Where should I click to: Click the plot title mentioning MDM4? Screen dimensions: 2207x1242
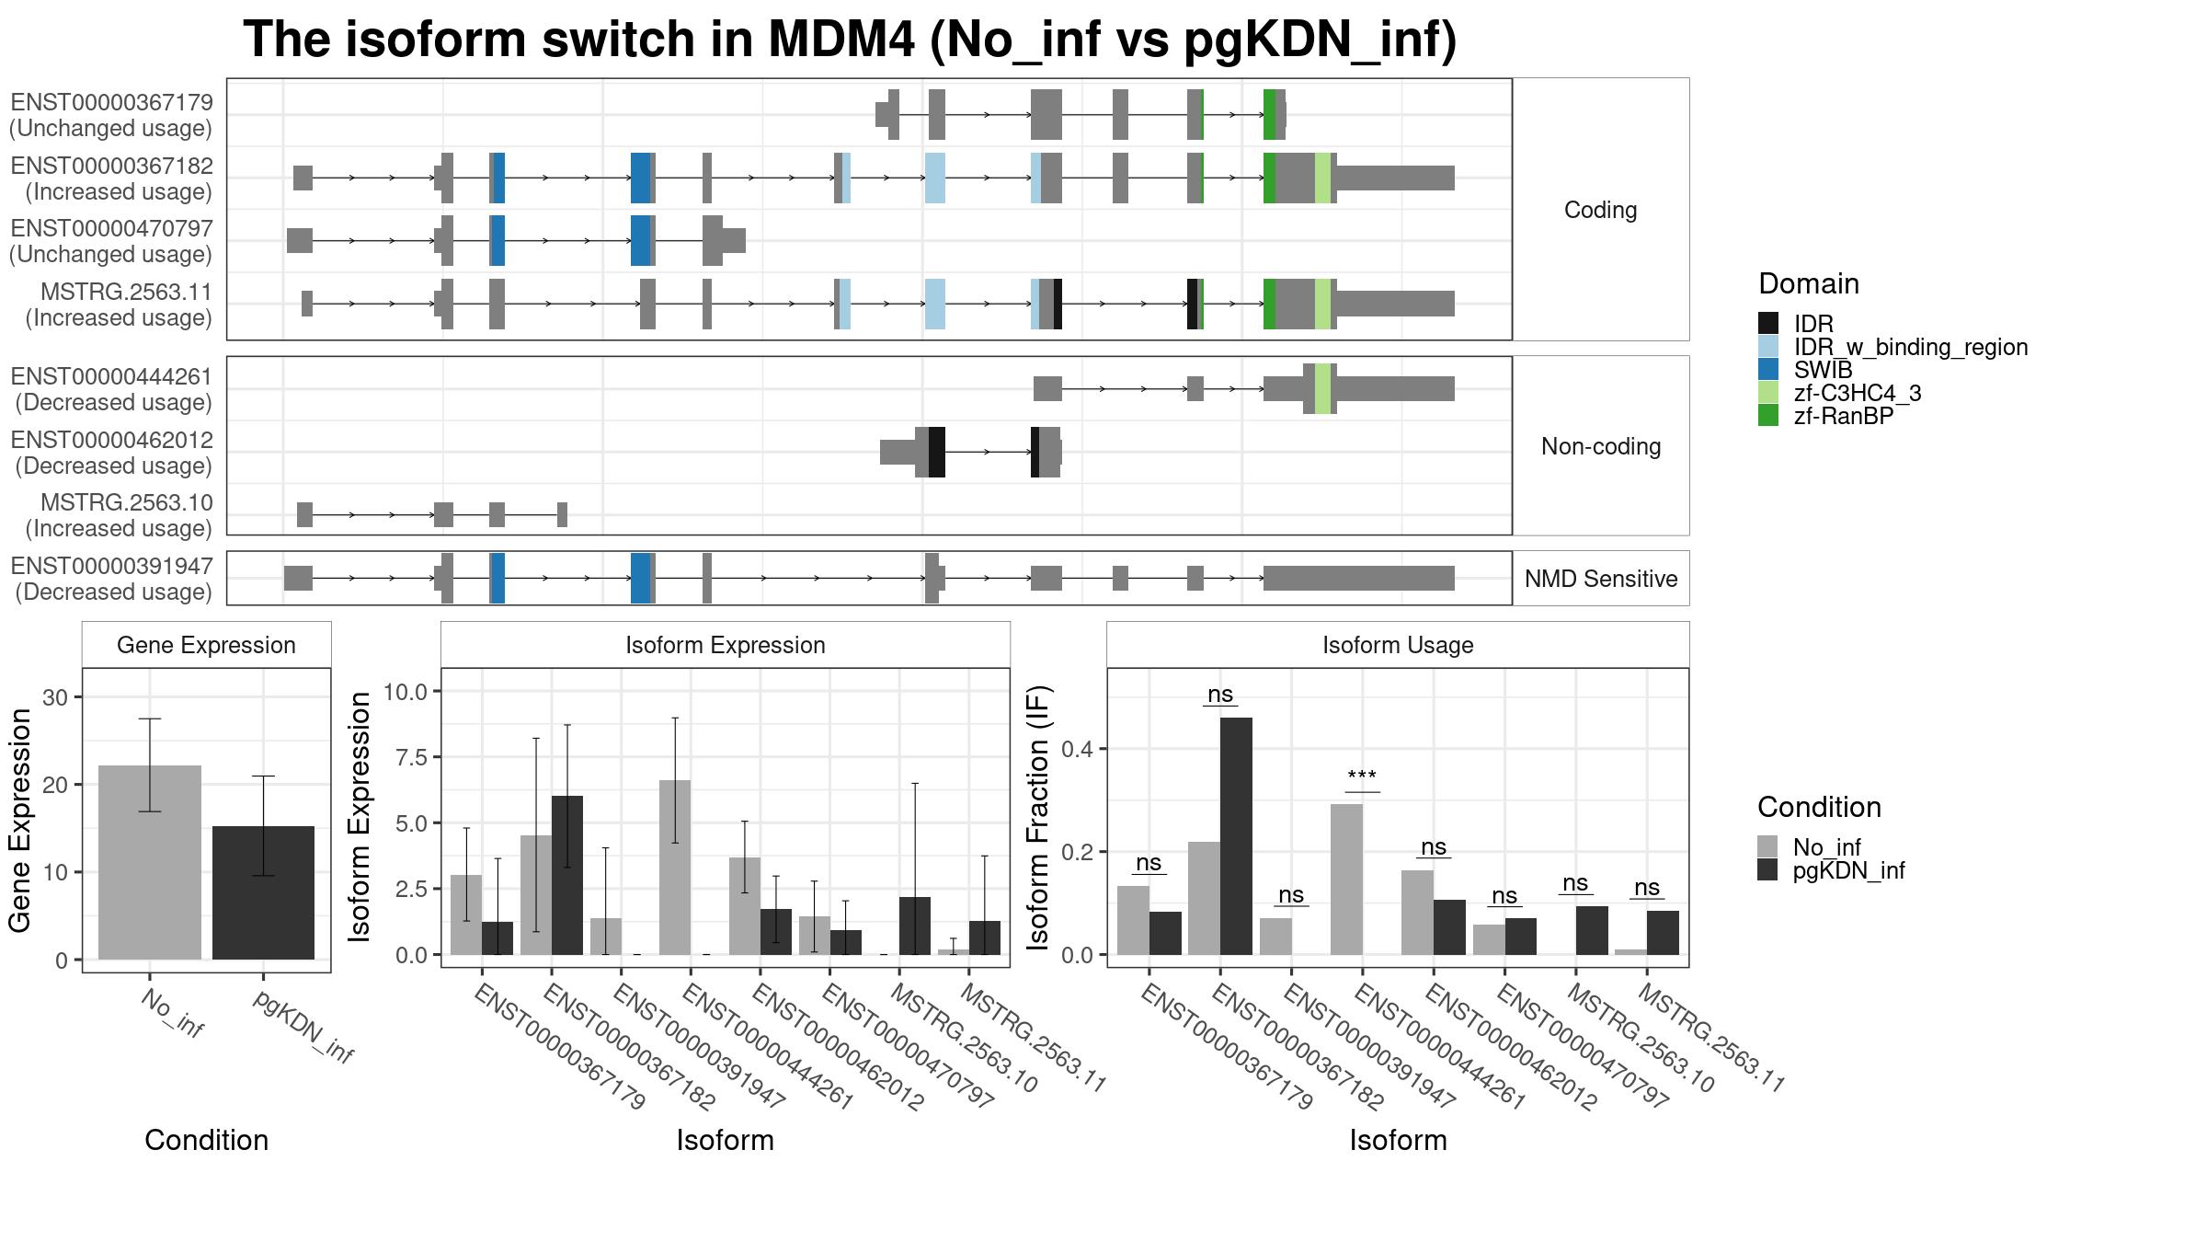(850, 40)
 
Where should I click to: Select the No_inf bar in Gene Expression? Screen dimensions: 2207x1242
(150, 862)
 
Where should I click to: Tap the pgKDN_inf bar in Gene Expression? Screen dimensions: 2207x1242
(263, 892)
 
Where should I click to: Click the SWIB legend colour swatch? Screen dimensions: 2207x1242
(1768, 370)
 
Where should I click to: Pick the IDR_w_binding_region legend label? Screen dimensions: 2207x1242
(1911, 347)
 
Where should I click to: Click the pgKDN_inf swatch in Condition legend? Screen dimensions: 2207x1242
(1767, 870)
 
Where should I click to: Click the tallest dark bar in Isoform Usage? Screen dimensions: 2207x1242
(1236, 836)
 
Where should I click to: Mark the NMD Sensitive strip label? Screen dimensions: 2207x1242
(1601, 579)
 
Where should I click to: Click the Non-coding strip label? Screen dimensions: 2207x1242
(1601, 446)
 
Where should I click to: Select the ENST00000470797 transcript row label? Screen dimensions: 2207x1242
(111, 241)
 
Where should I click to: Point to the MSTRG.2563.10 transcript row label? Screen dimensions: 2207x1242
(119, 515)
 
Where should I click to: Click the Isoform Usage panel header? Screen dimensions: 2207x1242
(1398, 645)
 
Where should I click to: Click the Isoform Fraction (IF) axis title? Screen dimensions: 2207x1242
(1038, 818)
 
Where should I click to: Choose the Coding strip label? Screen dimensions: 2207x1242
(1601, 210)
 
